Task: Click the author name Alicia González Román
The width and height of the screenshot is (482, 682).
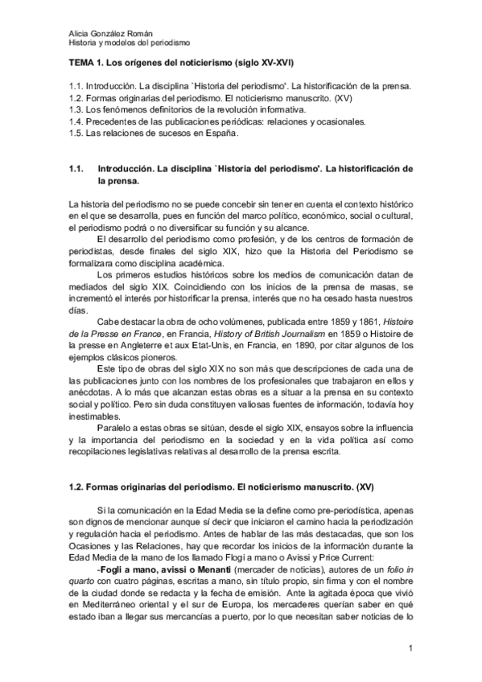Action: click(106, 32)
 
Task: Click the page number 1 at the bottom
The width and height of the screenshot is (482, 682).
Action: click(410, 647)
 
